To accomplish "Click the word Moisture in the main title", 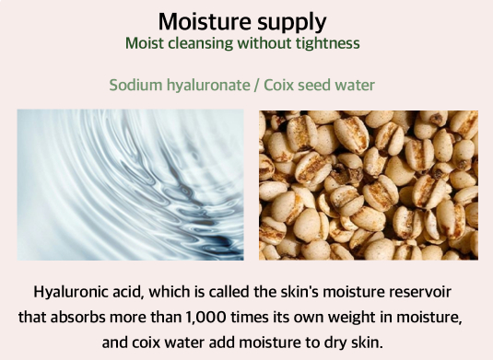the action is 205,22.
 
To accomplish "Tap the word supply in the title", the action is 292,24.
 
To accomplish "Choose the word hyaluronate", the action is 208,86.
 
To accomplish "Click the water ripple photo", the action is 131,185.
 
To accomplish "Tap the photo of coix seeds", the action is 369,185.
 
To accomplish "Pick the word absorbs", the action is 77,317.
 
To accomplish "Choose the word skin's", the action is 299,292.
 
